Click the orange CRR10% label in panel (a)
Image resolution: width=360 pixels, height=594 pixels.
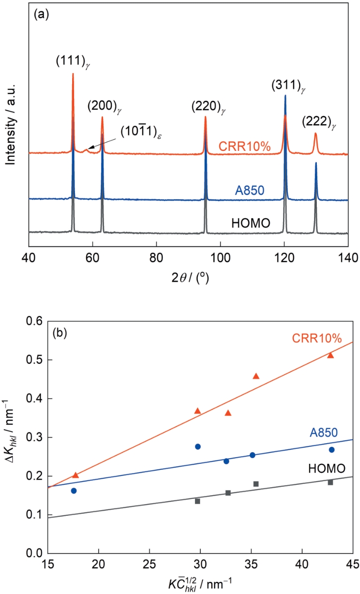(x=245, y=146)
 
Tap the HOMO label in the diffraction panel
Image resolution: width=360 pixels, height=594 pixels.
(x=251, y=223)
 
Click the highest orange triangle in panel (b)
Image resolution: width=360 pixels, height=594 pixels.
(x=330, y=355)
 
